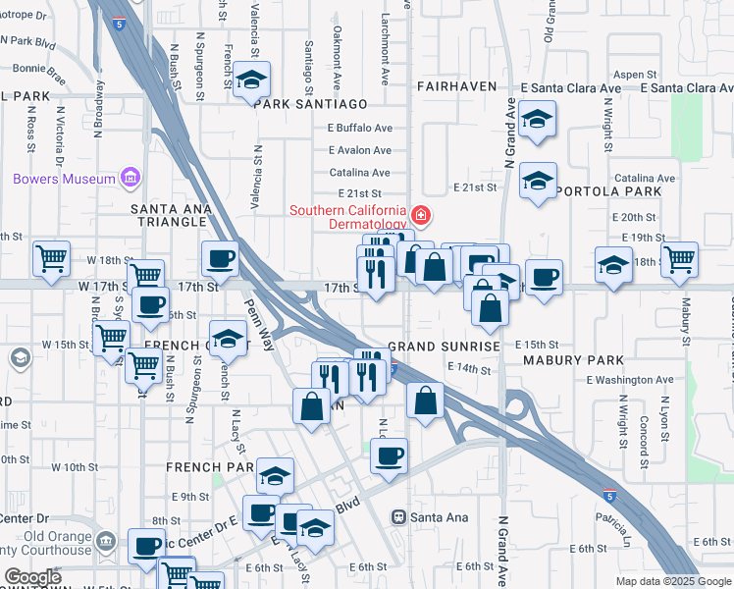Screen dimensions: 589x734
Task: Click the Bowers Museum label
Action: click(x=65, y=179)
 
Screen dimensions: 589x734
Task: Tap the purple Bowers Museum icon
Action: click(x=129, y=178)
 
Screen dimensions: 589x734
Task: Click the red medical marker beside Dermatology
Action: click(x=421, y=213)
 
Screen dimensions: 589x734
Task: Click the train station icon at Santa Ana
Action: click(x=399, y=517)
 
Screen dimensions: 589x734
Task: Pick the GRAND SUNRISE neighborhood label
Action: click(x=445, y=347)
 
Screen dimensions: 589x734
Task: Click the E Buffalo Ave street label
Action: click(x=360, y=128)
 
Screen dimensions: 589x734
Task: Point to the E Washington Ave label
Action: click(x=630, y=379)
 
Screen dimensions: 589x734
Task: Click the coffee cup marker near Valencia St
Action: click(x=220, y=259)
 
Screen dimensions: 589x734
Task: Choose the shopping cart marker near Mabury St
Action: click(x=679, y=259)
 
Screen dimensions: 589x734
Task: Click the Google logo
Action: click(x=32, y=577)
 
